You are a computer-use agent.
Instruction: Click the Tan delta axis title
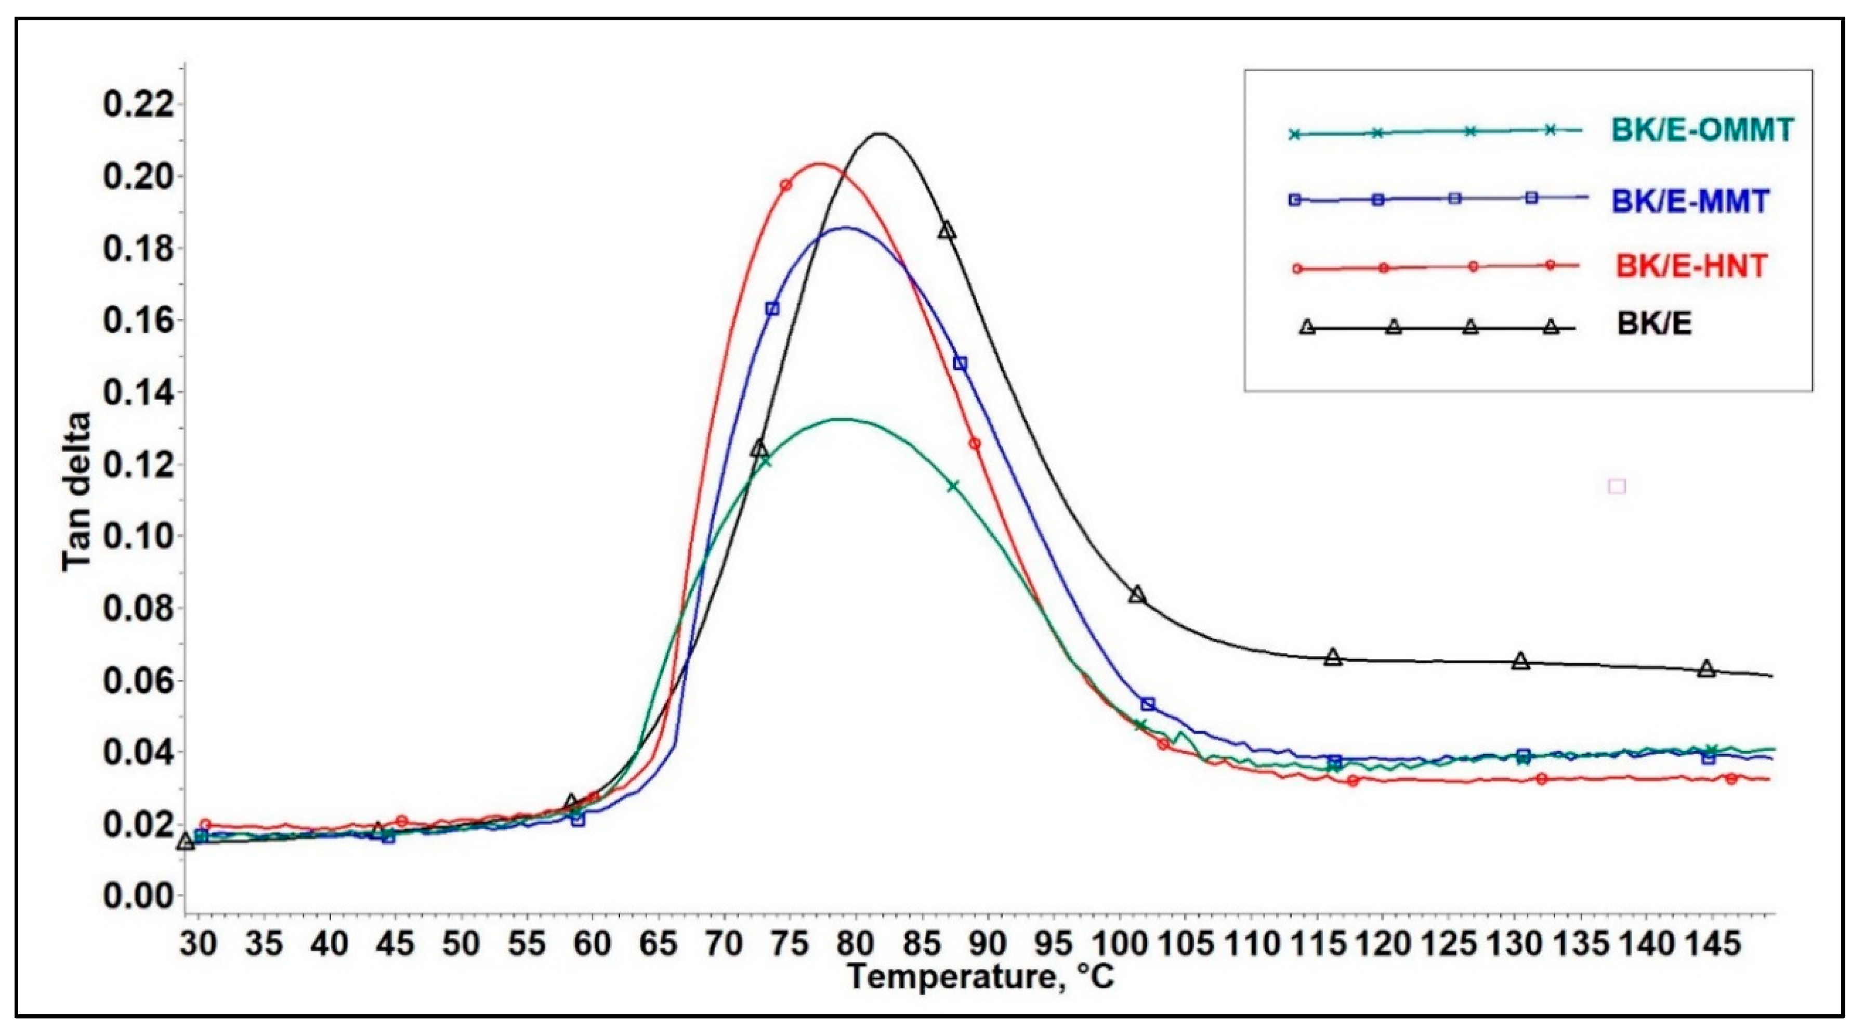(77, 492)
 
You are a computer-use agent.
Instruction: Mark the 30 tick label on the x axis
(198, 944)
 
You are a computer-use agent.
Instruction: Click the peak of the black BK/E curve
(879, 133)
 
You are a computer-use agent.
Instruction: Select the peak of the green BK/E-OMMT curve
(839, 419)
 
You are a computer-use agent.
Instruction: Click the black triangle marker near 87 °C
(947, 230)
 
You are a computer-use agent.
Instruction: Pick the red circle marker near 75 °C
(786, 185)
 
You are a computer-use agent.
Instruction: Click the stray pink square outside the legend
(1617, 486)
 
